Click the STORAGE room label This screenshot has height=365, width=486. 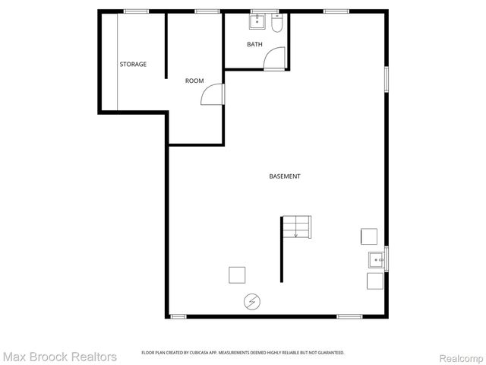click(133, 64)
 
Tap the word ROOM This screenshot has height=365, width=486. click(194, 81)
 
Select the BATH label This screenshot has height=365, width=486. click(254, 44)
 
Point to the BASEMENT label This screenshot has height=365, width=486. click(285, 176)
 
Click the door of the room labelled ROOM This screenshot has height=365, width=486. click(214, 94)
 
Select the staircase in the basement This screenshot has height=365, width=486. click(296, 226)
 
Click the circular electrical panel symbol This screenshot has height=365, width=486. click(251, 302)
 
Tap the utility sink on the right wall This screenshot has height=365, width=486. click(377, 260)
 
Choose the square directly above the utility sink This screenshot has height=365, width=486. click(369, 236)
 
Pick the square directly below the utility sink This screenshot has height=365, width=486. click(375, 281)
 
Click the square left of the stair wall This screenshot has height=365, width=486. click(237, 274)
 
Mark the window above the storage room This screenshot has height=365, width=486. click(136, 11)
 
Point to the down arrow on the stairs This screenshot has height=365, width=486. click(295, 233)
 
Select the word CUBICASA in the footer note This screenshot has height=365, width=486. click(200, 353)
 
